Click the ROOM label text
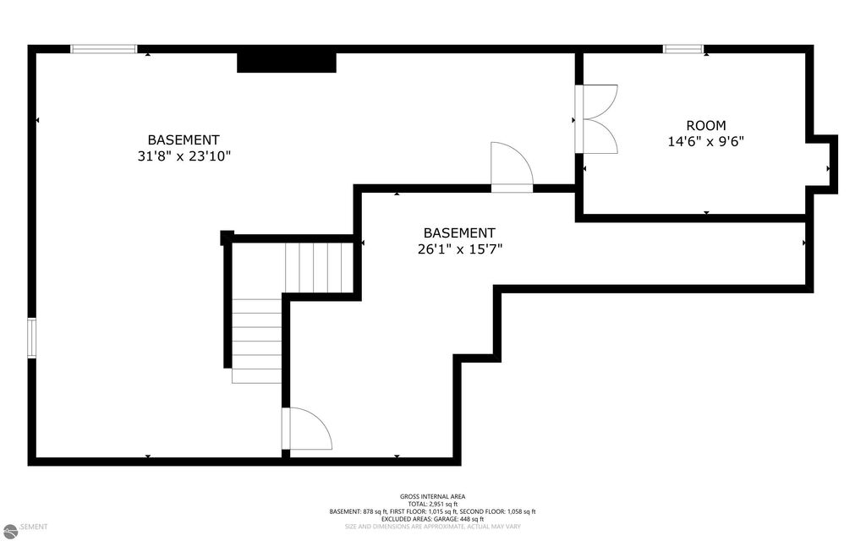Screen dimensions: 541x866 point(706,125)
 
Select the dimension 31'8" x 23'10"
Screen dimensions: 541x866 point(184,156)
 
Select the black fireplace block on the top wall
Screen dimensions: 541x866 point(287,62)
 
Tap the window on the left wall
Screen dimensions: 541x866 point(32,338)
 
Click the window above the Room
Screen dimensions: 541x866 point(683,49)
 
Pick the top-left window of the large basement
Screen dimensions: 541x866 point(103,49)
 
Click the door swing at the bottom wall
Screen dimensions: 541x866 point(308,429)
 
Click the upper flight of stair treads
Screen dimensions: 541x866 point(319,267)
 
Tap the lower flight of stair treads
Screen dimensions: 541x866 point(256,341)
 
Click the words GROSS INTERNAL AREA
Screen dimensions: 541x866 point(432,496)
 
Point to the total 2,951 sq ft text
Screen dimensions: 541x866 point(432,504)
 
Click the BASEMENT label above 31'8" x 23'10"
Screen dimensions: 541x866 point(184,139)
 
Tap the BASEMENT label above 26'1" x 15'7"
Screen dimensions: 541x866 point(459,232)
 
